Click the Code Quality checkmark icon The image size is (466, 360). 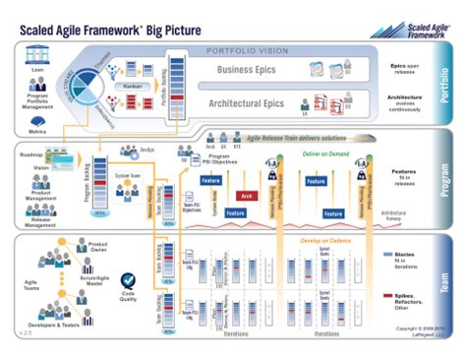click(x=127, y=281)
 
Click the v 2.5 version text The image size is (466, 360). click(x=24, y=333)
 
